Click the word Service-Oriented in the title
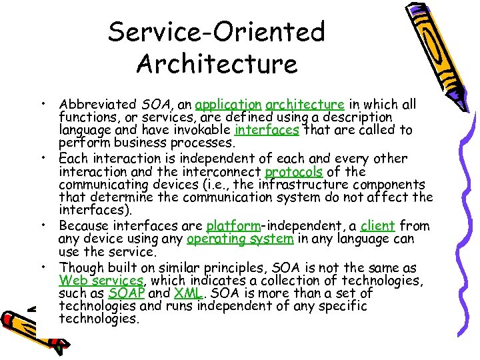pos(217,31)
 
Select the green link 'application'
pos(229,105)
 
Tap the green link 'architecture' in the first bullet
pos(305,105)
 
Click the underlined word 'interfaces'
pos(267,131)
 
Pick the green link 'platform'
pos(233,226)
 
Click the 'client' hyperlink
pos(378,226)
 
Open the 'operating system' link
pos(240,239)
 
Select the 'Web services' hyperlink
pos(101,281)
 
